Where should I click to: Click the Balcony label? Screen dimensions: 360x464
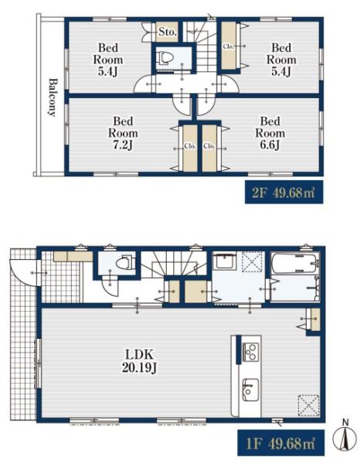(x=53, y=97)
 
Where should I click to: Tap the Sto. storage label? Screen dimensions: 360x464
(x=168, y=32)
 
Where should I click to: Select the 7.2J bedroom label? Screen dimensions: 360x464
(x=123, y=133)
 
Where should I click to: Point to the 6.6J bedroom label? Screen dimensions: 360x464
(x=270, y=133)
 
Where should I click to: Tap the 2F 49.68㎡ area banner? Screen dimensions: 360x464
(x=284, y=193)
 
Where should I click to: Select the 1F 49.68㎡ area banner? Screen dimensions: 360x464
(x=280, y=443)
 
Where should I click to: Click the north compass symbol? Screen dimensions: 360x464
(x=345, y=438)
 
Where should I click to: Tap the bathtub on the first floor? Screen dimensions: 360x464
(x=295, y=263)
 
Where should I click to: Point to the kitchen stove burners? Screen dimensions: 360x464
(x=250, y=352)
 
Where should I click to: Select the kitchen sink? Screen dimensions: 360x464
(x=250, y=390)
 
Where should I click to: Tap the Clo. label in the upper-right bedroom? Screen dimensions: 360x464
(x=228, y=46)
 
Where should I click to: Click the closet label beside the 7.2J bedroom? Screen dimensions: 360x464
(x=190, y=146)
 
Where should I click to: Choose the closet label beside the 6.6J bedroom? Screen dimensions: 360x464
(x=209, y=146)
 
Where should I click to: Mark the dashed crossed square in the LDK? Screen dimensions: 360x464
(x=308, y=405)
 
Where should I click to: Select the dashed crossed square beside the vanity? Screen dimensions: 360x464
(x=252, y=261)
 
